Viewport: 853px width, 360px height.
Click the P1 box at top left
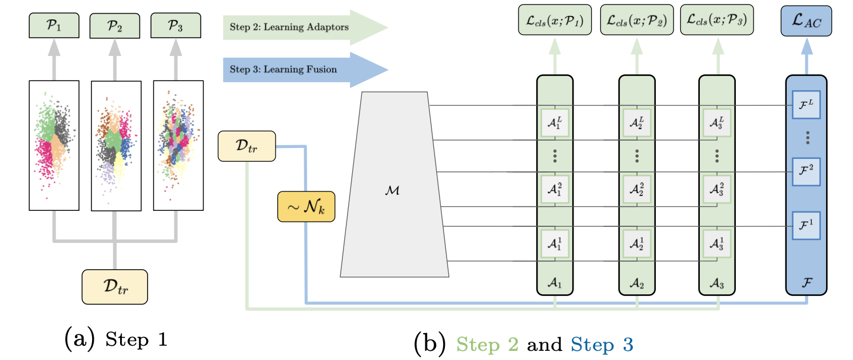54,25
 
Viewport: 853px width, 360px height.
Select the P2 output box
114,25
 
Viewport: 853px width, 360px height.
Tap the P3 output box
176,25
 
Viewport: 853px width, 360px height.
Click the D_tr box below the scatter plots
115,287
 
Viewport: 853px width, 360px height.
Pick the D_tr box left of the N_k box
246,146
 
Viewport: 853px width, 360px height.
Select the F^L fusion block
806,105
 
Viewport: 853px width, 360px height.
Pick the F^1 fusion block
806,225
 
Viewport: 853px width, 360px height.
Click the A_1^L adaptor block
555,122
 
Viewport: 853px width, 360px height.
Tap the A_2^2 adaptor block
637,187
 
